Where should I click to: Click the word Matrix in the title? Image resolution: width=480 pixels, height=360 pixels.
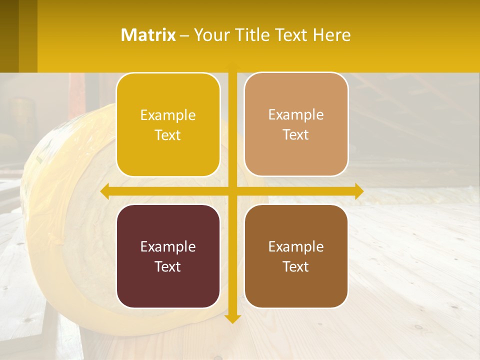pyautogui.click(x=148, y=35)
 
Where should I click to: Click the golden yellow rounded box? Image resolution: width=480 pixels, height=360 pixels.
pyautogui.click(x=168, y=99)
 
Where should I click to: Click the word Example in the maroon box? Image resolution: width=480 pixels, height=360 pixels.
pyautogui.click(x=168, y=246)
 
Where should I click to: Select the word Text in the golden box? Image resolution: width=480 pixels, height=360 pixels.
pyautogui.click(x=168, y=135)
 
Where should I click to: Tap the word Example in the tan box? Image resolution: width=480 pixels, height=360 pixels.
pyautogui.click(x=296, y=115)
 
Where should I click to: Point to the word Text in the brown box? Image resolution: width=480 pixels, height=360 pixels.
pyautogui.click(x=296, y=266)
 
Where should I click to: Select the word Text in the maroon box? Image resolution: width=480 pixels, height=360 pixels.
pyautogui.click(x=168, y=266)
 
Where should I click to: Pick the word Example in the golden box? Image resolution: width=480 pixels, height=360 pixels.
pyautogui.click(x=168, y=115)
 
